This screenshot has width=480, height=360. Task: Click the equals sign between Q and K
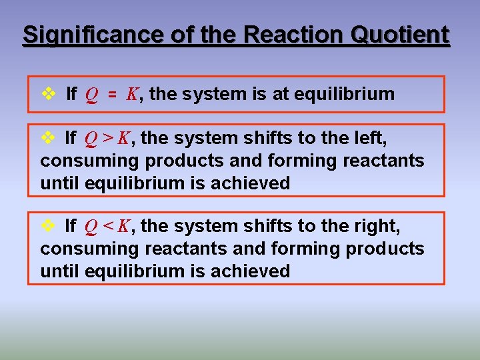point(113,95)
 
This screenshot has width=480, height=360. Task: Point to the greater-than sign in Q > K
point(109,139)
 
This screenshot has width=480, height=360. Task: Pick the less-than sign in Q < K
point(109,227)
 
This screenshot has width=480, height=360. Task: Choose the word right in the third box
point(377,227)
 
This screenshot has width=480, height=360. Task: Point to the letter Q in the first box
point(90,95)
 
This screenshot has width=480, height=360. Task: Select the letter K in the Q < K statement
point(124,227)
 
